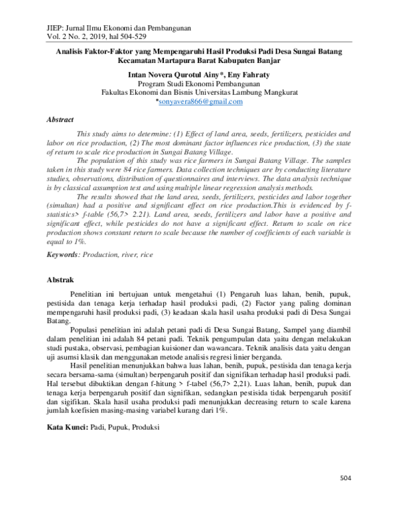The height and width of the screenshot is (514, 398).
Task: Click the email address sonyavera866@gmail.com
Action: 200,101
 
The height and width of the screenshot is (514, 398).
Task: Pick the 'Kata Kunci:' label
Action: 66,429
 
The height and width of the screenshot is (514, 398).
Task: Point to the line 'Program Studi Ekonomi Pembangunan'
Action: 199,84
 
